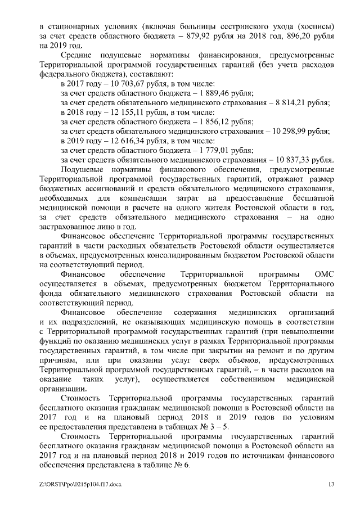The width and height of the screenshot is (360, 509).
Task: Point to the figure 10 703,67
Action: (x=120, y=83)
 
